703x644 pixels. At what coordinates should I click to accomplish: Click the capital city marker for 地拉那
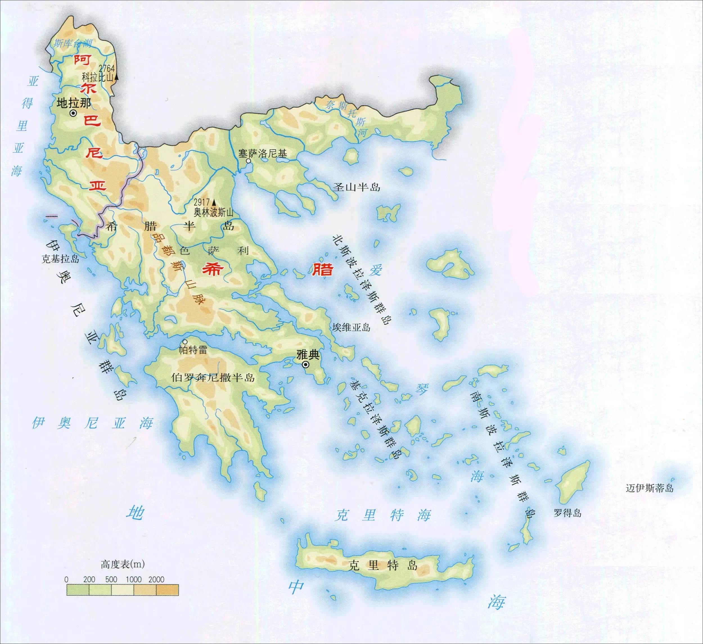pyautogui.click(x=73, y=113)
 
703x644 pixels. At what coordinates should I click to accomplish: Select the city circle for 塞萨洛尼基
pyautogui.click(x=248, y=161)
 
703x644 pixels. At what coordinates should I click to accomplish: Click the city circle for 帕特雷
pyautogui.click(x=185, y=342)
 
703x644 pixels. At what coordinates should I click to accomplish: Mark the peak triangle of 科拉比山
pyautogui.click(x=116, y=77)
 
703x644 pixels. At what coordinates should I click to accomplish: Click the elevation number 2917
pyautogui.click(x=202, y=202)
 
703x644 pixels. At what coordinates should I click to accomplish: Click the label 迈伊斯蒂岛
pyautogui.click(x=649, y=488)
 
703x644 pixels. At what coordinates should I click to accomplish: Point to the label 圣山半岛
pyautogui.click(x=356, y=187)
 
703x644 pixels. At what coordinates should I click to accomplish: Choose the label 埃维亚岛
pyautogui.click(x=351, y=327)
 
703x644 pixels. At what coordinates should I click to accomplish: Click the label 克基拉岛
pyautogui.click(x=60, y=259)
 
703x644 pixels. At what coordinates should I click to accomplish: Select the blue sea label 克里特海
pyautogui.click(x=382, y=515)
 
